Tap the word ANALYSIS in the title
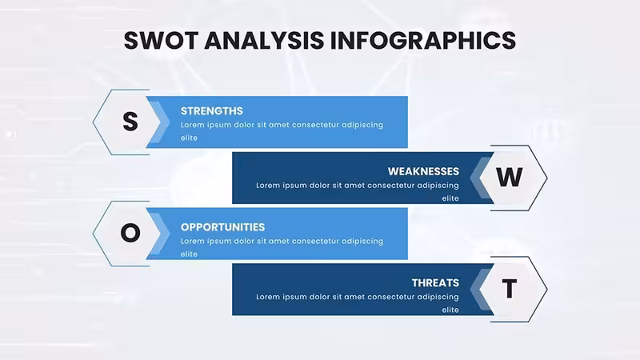tap(264, 41)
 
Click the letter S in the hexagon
tap(130, 122)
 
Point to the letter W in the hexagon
tap(509, 177)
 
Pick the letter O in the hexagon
tap(130, 233)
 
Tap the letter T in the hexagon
tap(509, 289)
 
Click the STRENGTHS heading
tap(212, 111)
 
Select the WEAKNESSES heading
tap(423, 171)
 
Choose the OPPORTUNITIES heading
tap(223, 227)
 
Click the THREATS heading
tap(435, 283)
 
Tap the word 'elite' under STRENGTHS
tap(189, 138)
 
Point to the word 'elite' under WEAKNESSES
tap(450, 198)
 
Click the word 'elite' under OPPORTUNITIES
tap(189, 254)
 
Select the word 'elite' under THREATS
tap(450, 310)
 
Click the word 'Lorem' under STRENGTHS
tap(192, 125)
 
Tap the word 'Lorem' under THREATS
tap(268, 297)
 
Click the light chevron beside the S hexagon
tap(160, 122)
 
